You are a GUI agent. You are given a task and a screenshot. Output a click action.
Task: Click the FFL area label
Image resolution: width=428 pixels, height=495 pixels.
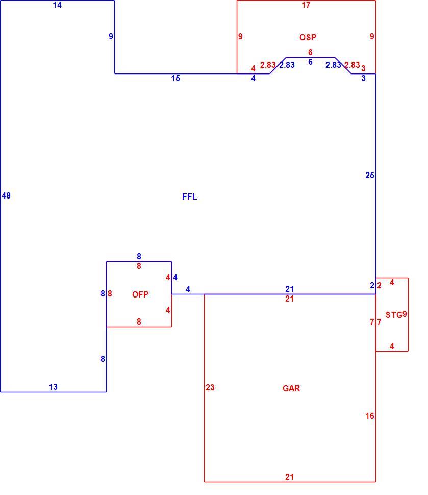[x=189, y=196]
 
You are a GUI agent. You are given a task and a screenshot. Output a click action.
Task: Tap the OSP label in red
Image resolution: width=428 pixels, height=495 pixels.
[x=308, y=37]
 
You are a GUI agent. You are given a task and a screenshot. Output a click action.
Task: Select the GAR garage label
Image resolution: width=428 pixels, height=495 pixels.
[x=291, y=388]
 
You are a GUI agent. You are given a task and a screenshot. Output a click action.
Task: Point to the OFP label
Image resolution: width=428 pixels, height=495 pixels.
[x=140, y=294]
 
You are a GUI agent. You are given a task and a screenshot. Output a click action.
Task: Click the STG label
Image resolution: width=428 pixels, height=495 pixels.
[x=394, y=315]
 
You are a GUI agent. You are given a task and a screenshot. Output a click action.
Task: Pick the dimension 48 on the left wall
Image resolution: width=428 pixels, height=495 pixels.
[x=6, y=196]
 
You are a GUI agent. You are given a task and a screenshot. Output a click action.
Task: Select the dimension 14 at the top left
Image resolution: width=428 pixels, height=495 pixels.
[x=57, y=5]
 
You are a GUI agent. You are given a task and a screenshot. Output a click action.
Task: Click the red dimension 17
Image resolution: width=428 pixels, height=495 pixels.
[x=306, y=5]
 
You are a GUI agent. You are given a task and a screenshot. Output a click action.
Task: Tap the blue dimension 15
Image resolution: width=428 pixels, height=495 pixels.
[x=175, y=78]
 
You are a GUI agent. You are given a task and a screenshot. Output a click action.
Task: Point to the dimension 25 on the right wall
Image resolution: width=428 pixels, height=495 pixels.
[x=370, y=175]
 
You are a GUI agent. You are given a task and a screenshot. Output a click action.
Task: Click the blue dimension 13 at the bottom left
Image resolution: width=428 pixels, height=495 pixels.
[x=53, y=387]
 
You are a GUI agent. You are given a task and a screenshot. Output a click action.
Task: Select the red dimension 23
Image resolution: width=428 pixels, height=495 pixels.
[x=210, y=387]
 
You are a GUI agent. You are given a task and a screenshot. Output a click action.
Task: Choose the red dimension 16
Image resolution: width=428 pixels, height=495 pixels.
[x=370, y=416]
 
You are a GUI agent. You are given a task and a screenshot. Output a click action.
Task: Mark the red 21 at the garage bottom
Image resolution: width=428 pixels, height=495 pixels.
[x=289, y=477]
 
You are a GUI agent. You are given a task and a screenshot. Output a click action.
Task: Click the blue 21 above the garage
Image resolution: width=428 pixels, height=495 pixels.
[x=289, y=289]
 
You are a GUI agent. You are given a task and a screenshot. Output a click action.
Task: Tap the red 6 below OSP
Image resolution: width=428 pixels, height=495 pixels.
[x=310, y=52]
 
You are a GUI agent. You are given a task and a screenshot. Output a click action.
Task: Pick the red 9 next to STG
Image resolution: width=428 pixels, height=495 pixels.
[x=405, y=314]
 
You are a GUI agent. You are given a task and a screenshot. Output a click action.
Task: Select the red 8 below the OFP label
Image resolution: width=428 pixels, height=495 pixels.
[x=139, y=321]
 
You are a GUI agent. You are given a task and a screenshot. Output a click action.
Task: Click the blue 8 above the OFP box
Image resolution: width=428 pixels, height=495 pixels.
[x=139, y=256]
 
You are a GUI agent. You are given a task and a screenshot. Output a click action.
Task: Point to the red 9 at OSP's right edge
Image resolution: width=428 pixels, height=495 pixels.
[x=372, y=36]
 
